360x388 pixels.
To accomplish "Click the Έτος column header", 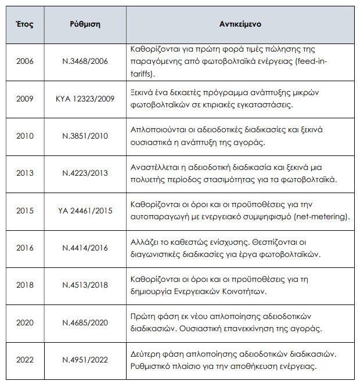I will click(x=25, y=26).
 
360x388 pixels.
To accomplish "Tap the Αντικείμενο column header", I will click(x=240, y=26).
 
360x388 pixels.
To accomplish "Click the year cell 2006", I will click(x=25, y=61).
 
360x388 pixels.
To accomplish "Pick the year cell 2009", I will click(x=25, y=99).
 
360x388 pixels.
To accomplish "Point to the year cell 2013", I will click(x=25, y=173).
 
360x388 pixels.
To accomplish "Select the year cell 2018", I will click(x=25, y=285).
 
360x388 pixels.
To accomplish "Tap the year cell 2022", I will click(x=25, y=360).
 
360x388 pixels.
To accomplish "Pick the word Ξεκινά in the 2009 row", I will click(x=145, y=93).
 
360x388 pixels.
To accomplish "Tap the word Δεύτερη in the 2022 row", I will click(x=147, y=353).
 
